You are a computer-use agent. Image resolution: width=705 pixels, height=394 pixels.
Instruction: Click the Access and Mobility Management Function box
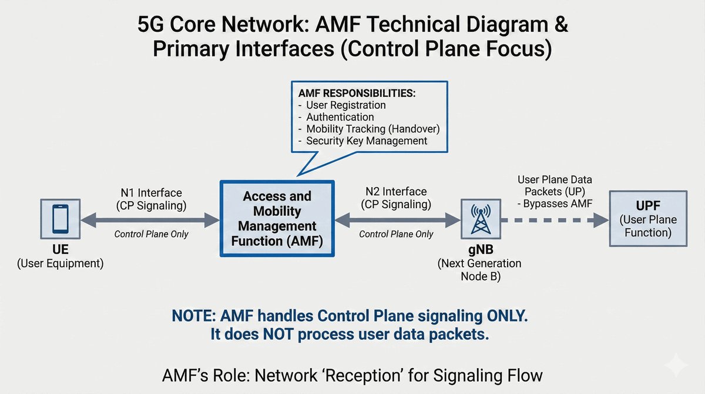[x=277, y=218]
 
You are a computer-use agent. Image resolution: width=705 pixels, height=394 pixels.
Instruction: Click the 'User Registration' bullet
[x=346, y=105]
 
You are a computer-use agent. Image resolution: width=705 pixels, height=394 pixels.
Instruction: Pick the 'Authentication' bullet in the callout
[x=340, y=117]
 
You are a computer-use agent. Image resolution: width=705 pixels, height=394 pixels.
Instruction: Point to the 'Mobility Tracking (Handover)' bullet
[x=372, y=129]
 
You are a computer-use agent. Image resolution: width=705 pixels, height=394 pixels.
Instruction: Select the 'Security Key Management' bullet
[x=367, y=141]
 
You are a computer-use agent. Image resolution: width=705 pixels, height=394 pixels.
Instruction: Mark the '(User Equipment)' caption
[x=60, y=263]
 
